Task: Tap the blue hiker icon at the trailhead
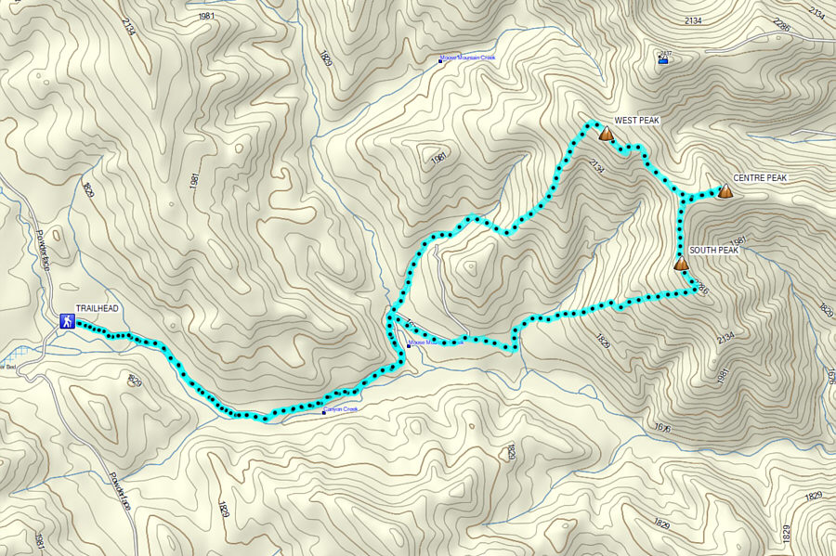[67, 322]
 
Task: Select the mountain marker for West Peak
[607, 135]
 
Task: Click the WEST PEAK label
[636, 121]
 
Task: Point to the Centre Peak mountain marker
[725, 190]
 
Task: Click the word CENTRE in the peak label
[747, 178]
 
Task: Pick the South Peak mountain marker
[682, 264]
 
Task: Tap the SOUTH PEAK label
[713, 251]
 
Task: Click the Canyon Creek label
[343, 409]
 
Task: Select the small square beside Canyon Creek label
[324, 412]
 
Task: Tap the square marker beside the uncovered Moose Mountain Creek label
[441, 62]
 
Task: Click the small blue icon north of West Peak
[663, 61]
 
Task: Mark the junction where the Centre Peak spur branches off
[685, 196]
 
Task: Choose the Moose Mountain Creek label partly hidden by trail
[437, 342]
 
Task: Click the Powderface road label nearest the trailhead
[45, 251]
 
